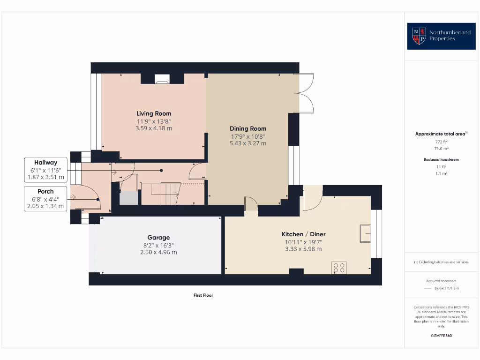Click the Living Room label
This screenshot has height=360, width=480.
pyautogui.click(x=154, y=113)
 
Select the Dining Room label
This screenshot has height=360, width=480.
pyautogui.click(x=248, y=128)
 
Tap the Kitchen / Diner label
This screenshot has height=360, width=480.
pyautogui.click(x=303, y=234)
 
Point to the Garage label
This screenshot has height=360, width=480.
pyautogui.click(x=158, y=238)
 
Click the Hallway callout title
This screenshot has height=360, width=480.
pyautogui.click(x=45, y=162)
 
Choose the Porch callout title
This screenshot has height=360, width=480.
pyautogui.click(x=45, y=191)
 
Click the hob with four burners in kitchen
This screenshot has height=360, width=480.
pyautogui.click(x=339, y=268)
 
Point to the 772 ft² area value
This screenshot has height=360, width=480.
pyautogui.click(x=441, y=141)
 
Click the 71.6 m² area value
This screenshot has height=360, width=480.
pyautogui.click(x=441, y=148)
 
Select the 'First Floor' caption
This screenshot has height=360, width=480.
pyautogui.click(x=203, y=295)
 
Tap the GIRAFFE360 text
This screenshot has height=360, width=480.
pyautogui.click(x=441, y=336)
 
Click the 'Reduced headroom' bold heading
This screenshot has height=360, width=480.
pyautogui.click(x=441, y=160)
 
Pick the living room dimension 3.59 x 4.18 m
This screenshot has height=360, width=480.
pyautogui.click(x=154, y=128)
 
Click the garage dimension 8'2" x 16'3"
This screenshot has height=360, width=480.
pyautogui.click(x=158, y=245)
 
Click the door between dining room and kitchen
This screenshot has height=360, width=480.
pyautogui.click(x=252, y=205)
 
